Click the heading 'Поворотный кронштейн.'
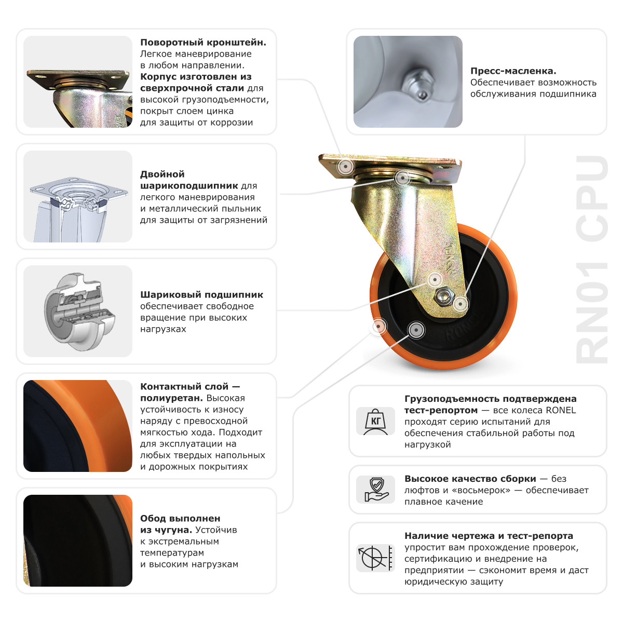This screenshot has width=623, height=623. (203, 43)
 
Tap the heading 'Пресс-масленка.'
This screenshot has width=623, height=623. (513, 71)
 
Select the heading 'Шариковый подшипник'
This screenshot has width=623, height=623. (201, 295)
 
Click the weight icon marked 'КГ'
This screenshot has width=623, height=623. (375, 421)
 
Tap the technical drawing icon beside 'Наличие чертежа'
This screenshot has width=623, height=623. (375, 558)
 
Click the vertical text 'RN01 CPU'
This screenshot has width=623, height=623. (592, 260)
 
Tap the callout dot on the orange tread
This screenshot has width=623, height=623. (380, 326)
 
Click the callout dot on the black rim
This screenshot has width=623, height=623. (415, 330)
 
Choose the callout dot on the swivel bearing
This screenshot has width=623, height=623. (402, 178)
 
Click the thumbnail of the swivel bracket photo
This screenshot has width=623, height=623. (78, 82)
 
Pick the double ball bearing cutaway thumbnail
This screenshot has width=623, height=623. (78, 196)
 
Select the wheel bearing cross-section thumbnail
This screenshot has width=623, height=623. (78, 311)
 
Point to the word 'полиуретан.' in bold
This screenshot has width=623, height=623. (171, 398)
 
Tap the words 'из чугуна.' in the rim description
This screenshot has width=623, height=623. (166, 530)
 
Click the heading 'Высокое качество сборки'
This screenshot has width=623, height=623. (470, 479)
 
